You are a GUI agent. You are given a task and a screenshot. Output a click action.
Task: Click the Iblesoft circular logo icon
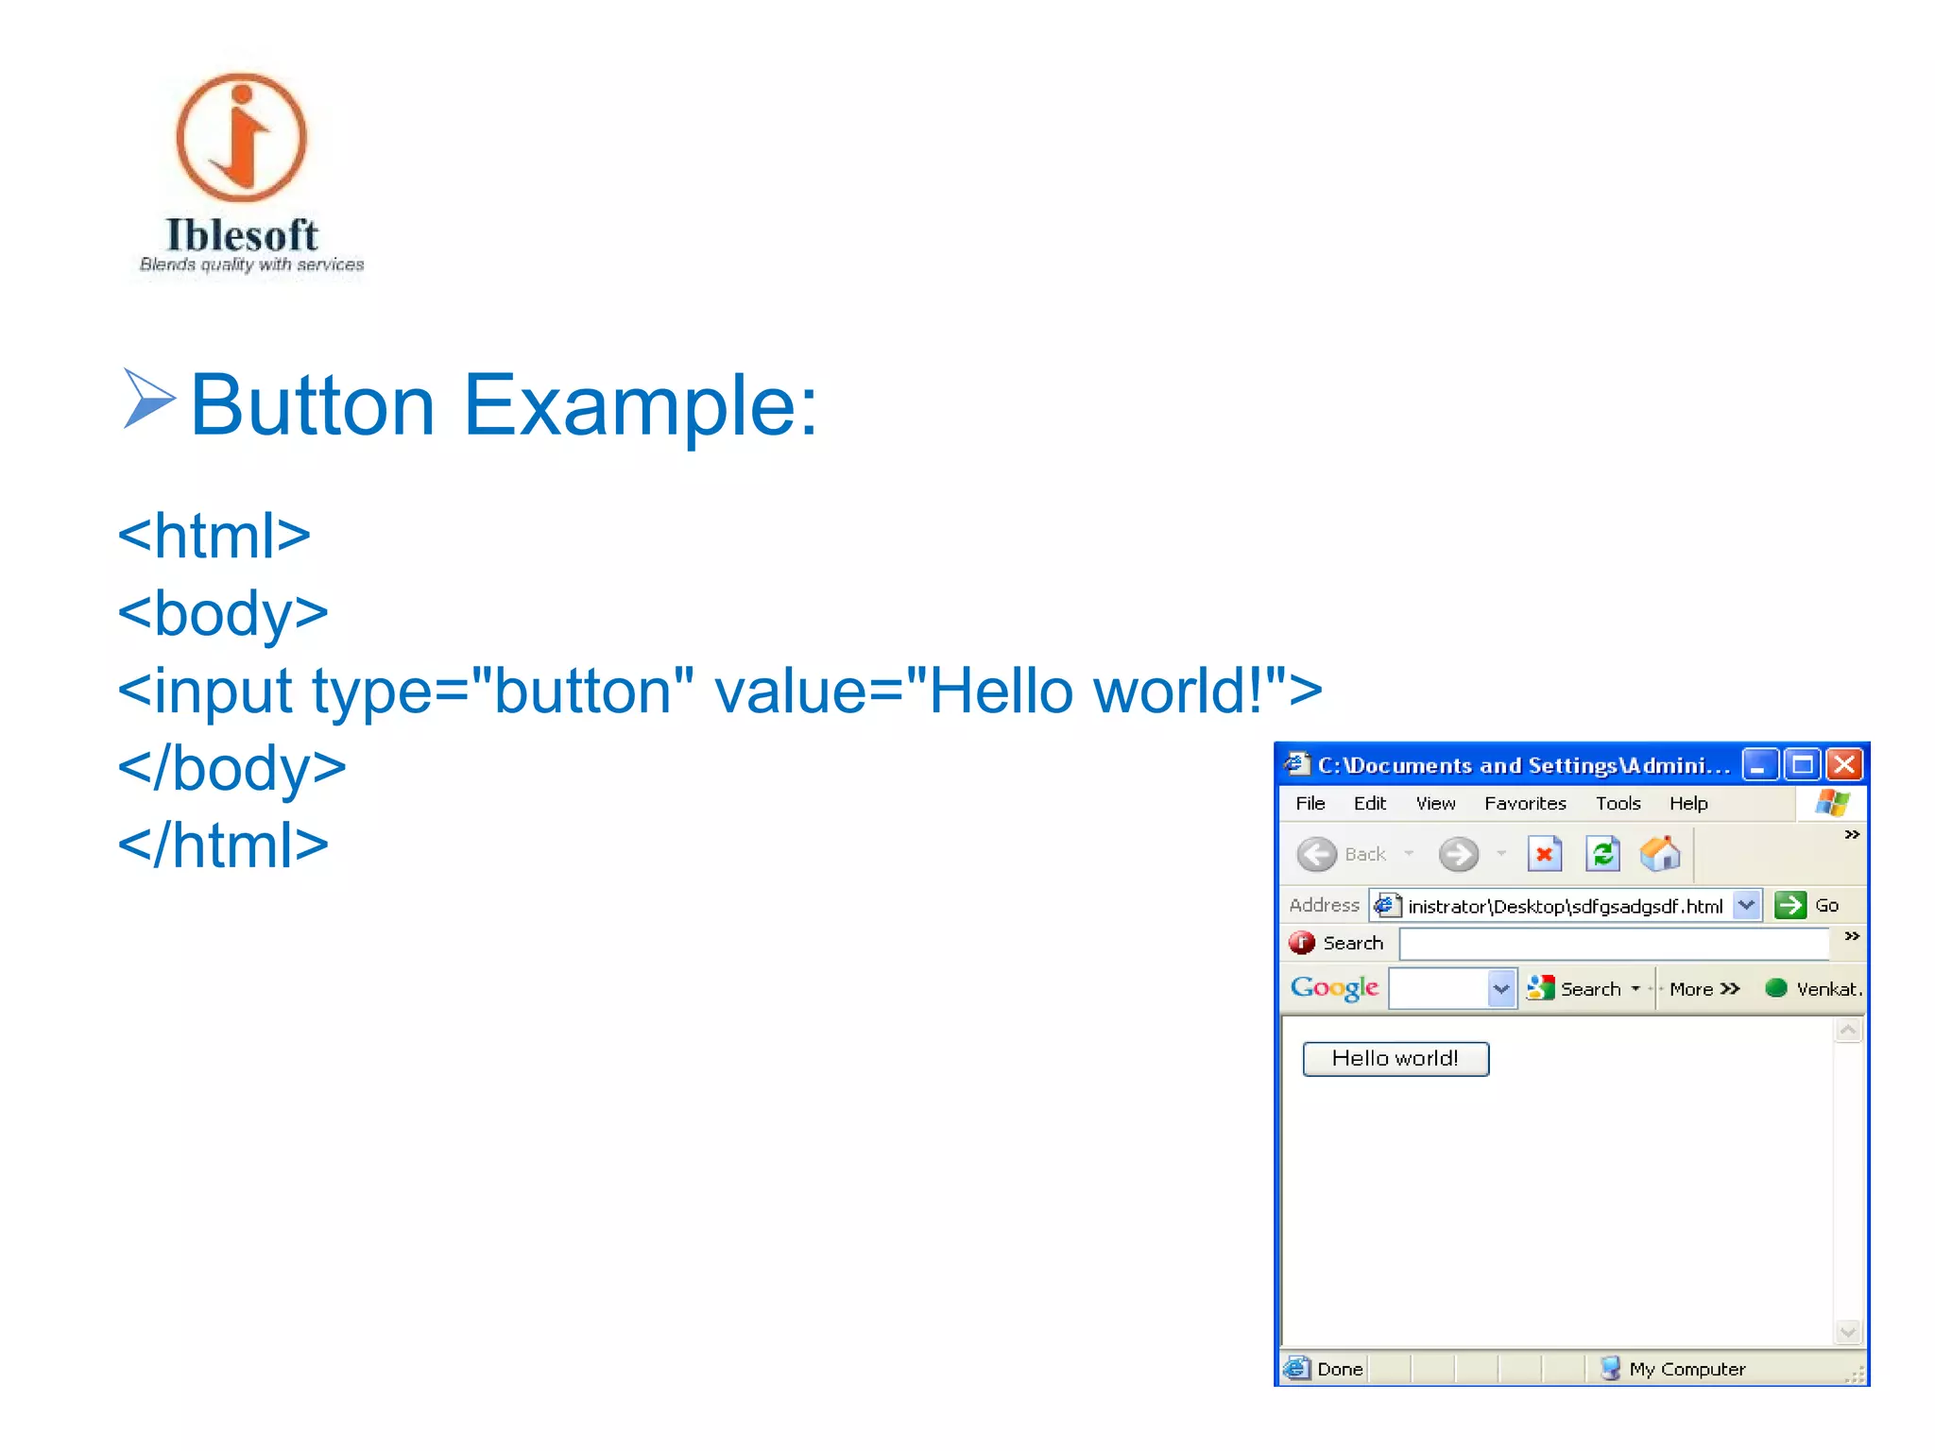242,138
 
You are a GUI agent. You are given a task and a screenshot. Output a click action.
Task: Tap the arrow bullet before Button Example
148,399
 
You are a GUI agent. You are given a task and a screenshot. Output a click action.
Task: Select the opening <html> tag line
214,536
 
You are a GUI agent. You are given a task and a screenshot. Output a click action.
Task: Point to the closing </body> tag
232,767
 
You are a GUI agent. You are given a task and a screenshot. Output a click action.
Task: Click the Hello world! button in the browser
1395,1058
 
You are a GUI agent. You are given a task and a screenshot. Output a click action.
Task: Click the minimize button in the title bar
1759,764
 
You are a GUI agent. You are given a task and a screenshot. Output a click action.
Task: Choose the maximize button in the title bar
1802,764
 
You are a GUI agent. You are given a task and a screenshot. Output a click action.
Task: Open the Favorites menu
1524,803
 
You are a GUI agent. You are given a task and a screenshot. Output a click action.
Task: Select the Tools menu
1618,803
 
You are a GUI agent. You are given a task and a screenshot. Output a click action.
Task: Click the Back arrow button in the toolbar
1317,854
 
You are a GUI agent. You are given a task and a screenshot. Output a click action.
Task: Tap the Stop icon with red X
1544,854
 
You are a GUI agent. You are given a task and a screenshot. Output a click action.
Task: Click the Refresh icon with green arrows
1602,854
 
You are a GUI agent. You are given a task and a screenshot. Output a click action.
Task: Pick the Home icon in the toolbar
1660,854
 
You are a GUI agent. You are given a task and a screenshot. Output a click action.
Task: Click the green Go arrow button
1789,905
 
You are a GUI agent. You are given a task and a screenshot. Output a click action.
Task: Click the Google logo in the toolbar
1334,988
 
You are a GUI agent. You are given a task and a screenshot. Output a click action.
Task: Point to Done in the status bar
1339,1369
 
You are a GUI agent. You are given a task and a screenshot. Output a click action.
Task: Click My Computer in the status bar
1687,1369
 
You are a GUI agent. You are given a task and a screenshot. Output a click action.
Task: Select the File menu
1310,803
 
